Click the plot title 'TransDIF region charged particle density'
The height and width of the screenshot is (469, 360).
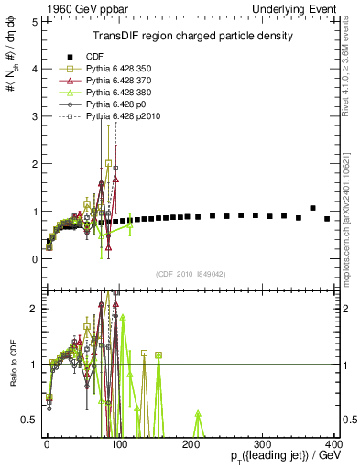point(191,37)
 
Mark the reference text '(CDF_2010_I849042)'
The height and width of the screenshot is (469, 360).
point(191,274)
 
